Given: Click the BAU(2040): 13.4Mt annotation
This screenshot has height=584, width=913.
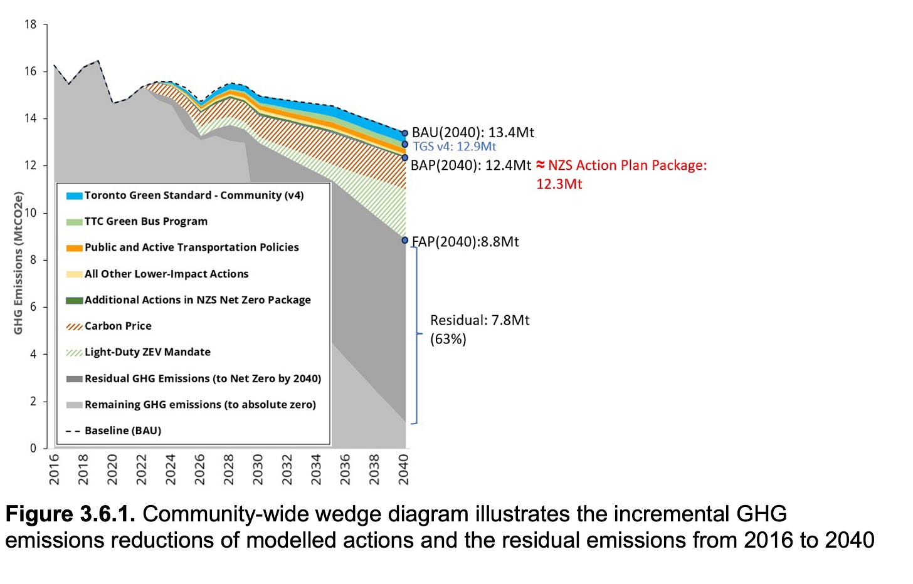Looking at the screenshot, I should [473, 132].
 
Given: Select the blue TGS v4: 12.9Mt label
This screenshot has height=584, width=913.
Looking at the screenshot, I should [454, 147].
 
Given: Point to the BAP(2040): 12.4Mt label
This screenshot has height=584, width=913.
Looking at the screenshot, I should [470, 165].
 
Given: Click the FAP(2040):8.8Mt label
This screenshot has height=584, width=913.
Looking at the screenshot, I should [465, 242].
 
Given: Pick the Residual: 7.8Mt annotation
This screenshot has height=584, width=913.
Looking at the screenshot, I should [480, 320].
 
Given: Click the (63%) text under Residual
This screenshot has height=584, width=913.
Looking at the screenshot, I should [448, 339].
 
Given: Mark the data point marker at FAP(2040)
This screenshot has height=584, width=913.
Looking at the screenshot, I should [405, 240].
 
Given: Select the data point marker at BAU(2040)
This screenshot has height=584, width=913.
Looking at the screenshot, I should [405, 133].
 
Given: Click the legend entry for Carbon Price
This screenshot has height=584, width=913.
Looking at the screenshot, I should [118, 326].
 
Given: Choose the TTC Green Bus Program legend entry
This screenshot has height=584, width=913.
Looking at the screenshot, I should [145, 221].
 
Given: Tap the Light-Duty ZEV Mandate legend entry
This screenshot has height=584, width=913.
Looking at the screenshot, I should [147, 352].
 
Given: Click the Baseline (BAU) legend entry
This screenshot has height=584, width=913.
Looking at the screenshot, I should [123, 430].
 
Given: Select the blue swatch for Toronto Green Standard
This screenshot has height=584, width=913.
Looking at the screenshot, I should [74, 196].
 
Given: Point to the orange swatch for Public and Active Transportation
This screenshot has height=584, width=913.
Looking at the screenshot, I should [74, 248].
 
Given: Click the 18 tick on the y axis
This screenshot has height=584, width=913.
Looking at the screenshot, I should [31, 24].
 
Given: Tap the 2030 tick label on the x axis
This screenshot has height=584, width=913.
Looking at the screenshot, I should [258, 469].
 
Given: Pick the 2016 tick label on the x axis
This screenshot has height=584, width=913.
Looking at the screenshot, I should [55, 469].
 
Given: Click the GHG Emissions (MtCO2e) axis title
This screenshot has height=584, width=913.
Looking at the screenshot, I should [18, 263].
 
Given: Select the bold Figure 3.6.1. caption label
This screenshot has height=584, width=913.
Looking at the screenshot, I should [70, 514].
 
